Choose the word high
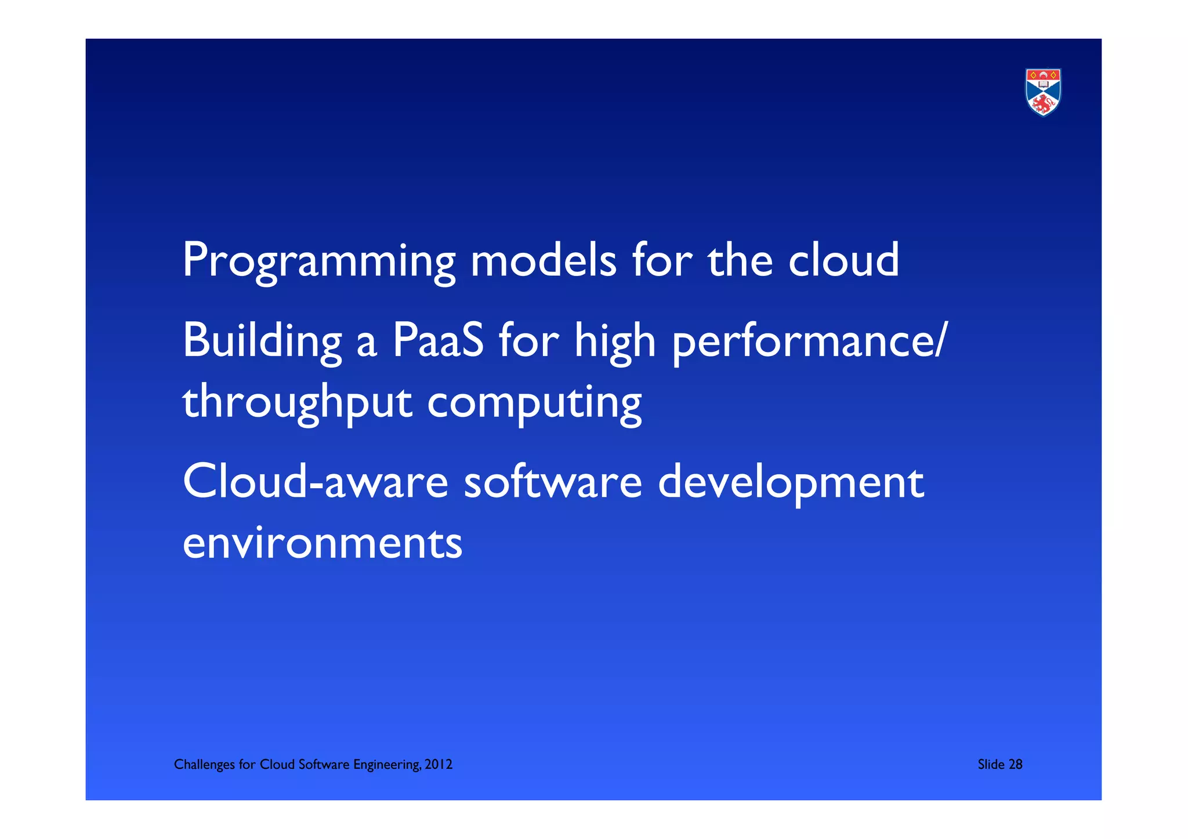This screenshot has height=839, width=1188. click(x=615, y=342)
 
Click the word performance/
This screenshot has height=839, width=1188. click(x=810, y=342)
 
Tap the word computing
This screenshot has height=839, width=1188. click(x=534, y=402)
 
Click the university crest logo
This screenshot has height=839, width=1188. click(x=1043, y=92)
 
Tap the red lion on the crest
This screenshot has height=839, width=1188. click(x=1043, y=104)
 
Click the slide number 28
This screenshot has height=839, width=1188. click(x=1015, y=764)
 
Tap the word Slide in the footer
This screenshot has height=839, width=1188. click(x=991, y=764)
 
